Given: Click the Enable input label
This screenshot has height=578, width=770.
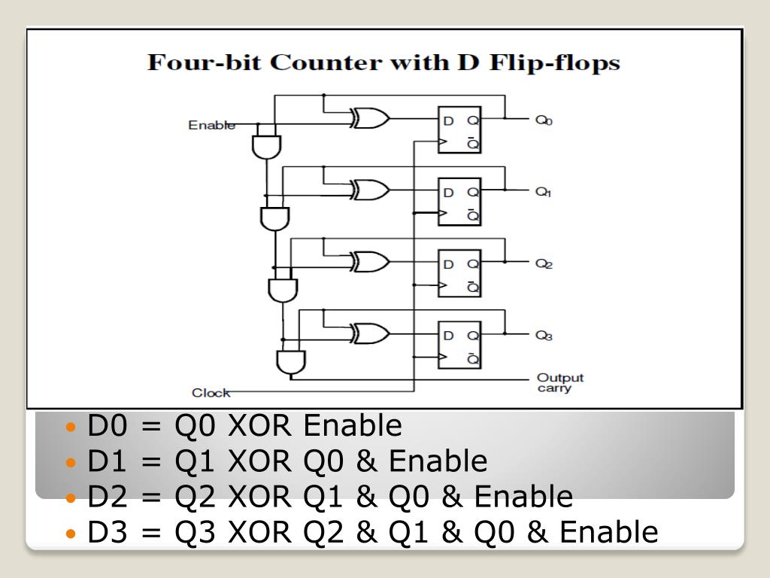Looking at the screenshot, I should pos(211,125).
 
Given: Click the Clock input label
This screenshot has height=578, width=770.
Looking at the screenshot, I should pos(211,392).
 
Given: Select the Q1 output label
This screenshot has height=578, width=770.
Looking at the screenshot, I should pos(544,192).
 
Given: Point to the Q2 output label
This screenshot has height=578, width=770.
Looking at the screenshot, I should pos(544,264).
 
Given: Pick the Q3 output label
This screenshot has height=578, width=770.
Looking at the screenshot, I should pos(544,336).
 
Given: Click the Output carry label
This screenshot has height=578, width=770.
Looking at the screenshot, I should pos(559,383).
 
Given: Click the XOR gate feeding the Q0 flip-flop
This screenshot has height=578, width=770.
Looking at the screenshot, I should pos(370,118).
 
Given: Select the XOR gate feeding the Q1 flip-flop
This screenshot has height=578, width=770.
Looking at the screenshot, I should pos(370,190).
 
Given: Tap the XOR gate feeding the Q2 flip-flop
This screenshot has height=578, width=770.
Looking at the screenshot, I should pos(370,261).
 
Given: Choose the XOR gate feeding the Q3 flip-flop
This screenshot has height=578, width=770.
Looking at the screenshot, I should pos(370,333).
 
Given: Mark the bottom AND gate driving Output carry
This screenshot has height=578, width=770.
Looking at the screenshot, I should pos(291,362).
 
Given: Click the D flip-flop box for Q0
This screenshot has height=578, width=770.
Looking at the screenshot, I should pos(460,130).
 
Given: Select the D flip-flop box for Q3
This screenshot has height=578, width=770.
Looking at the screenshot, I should pos(460,345).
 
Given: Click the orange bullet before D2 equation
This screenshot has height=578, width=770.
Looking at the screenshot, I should pos(71,497).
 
